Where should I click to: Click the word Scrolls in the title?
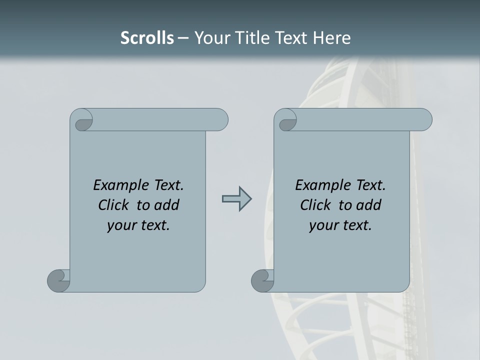pos(147,38)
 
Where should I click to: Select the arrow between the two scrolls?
pos(236,199)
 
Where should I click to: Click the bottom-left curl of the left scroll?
pos(58,280)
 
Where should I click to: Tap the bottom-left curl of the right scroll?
pos(262,280)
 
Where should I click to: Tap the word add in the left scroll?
pos(167,205)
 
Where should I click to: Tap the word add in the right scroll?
pos(369,205)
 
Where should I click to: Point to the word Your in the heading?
pos(211,38)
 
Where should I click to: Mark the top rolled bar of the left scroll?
pos(160,120)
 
